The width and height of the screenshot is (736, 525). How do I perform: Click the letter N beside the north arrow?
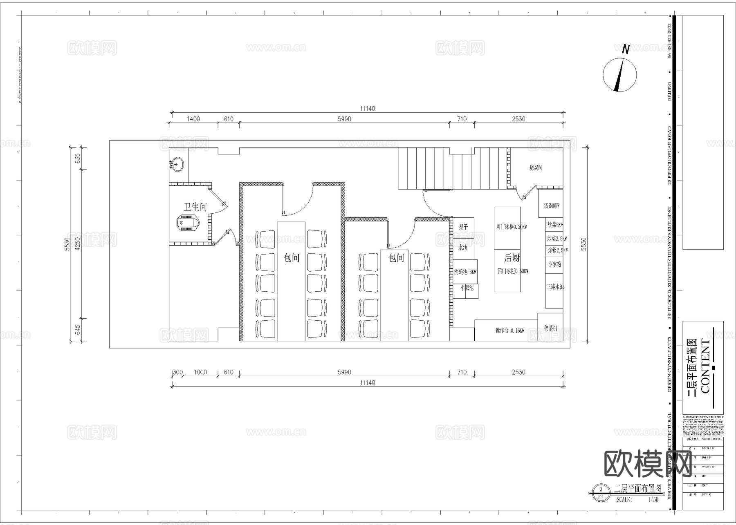click(626, 49)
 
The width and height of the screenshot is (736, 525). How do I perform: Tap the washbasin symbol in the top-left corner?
click(177, 165)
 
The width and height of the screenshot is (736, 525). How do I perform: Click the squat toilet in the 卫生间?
click(188, 223)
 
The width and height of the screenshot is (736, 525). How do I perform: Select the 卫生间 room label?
click(195, 207)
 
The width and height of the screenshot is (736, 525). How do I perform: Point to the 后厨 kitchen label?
click(512, 258)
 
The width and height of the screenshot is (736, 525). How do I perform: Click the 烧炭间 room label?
click(536, 168)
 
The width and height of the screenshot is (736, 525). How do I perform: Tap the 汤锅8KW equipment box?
click(551, 206)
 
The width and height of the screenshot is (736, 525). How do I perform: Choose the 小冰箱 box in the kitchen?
click(554, 264)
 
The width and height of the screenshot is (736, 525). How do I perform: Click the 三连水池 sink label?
click(554, 287)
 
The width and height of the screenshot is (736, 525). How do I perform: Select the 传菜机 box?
click(550, 327)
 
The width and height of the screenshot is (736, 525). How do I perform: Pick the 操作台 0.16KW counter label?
click(509, 331)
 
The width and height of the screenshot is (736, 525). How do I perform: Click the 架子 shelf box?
click(463, 227)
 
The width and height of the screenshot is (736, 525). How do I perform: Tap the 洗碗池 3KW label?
click(465, 272)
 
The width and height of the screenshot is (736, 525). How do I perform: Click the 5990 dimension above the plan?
click(344, 119)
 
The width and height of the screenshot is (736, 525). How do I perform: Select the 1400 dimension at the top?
click(193, 119)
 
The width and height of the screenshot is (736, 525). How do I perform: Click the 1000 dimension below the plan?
click(200, 372)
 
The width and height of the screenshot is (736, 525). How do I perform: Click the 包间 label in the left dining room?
click(292, 258)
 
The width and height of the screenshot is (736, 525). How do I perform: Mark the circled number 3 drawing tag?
click(600, 489)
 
